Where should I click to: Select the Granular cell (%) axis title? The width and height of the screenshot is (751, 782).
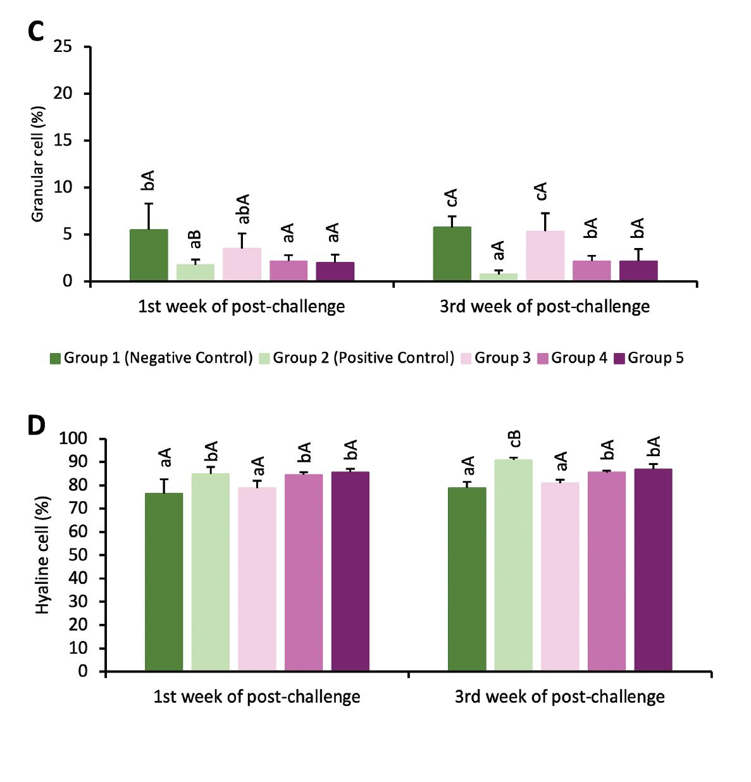[x=37, y=164]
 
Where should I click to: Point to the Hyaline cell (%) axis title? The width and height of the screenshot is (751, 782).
[x=42, y=554]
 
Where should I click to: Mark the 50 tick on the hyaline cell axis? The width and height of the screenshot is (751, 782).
[x=78, y=555]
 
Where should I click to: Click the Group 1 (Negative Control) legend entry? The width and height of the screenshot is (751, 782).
[x=152, y=358]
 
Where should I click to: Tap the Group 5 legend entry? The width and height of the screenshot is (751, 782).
[x=648, y=358]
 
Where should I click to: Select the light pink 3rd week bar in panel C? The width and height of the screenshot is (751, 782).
[x=545, y=256]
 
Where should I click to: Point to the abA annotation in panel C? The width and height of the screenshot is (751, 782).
[x=243, y=209]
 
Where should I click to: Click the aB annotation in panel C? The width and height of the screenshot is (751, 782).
[x=196, y=239]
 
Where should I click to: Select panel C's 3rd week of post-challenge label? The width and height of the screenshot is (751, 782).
[x=545, y=307]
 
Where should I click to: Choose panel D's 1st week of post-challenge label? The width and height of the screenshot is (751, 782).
[x=257, y=697]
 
